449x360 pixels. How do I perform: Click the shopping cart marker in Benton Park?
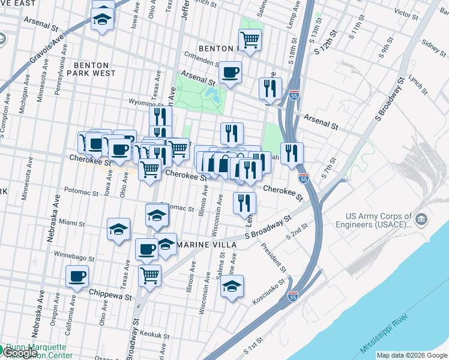[250, 40]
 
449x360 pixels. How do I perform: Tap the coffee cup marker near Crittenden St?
[230, 73]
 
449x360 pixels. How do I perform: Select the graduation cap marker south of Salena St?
[232, 287]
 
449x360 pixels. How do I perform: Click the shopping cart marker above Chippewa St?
[149, 276]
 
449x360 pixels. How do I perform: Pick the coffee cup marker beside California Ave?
[76, 277]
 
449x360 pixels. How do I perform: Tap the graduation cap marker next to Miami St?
[118, 229]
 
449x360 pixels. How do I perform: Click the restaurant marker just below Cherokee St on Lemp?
[244, 203]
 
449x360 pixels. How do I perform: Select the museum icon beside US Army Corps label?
[421, 217]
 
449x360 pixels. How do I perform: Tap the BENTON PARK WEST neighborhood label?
[91, 69]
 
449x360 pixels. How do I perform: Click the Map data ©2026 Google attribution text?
[411, 355]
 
